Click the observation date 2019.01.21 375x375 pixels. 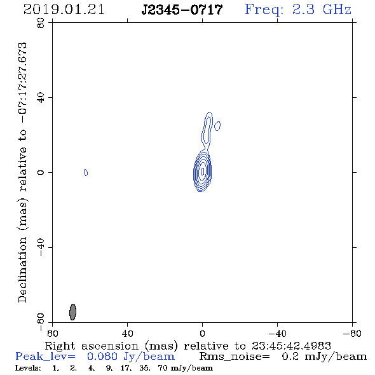tap(64, 10)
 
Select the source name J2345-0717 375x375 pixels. tap(182, 10)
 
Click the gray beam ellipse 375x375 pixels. tap(72, 312)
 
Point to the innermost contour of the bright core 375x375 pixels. tap(203, 171)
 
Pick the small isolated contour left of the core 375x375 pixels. tap(86, 172)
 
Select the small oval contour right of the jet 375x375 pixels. tap(217, 126)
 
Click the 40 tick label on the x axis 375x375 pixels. tap(128, 333)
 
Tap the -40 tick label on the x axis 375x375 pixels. tap(277, 333)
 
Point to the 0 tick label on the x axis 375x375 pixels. tap(202, 333)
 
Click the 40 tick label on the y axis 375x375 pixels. tap(41, 98)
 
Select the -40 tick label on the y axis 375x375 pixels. tap(41, 247)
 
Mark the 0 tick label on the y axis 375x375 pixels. tap(41, 172)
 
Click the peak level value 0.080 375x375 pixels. tap(102, 357)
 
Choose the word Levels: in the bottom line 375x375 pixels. tap(28, 368)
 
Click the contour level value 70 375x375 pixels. tap(163, 368)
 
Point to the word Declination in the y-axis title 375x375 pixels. tap(22, 269)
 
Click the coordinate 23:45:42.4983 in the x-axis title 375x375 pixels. tap(291, 346)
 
